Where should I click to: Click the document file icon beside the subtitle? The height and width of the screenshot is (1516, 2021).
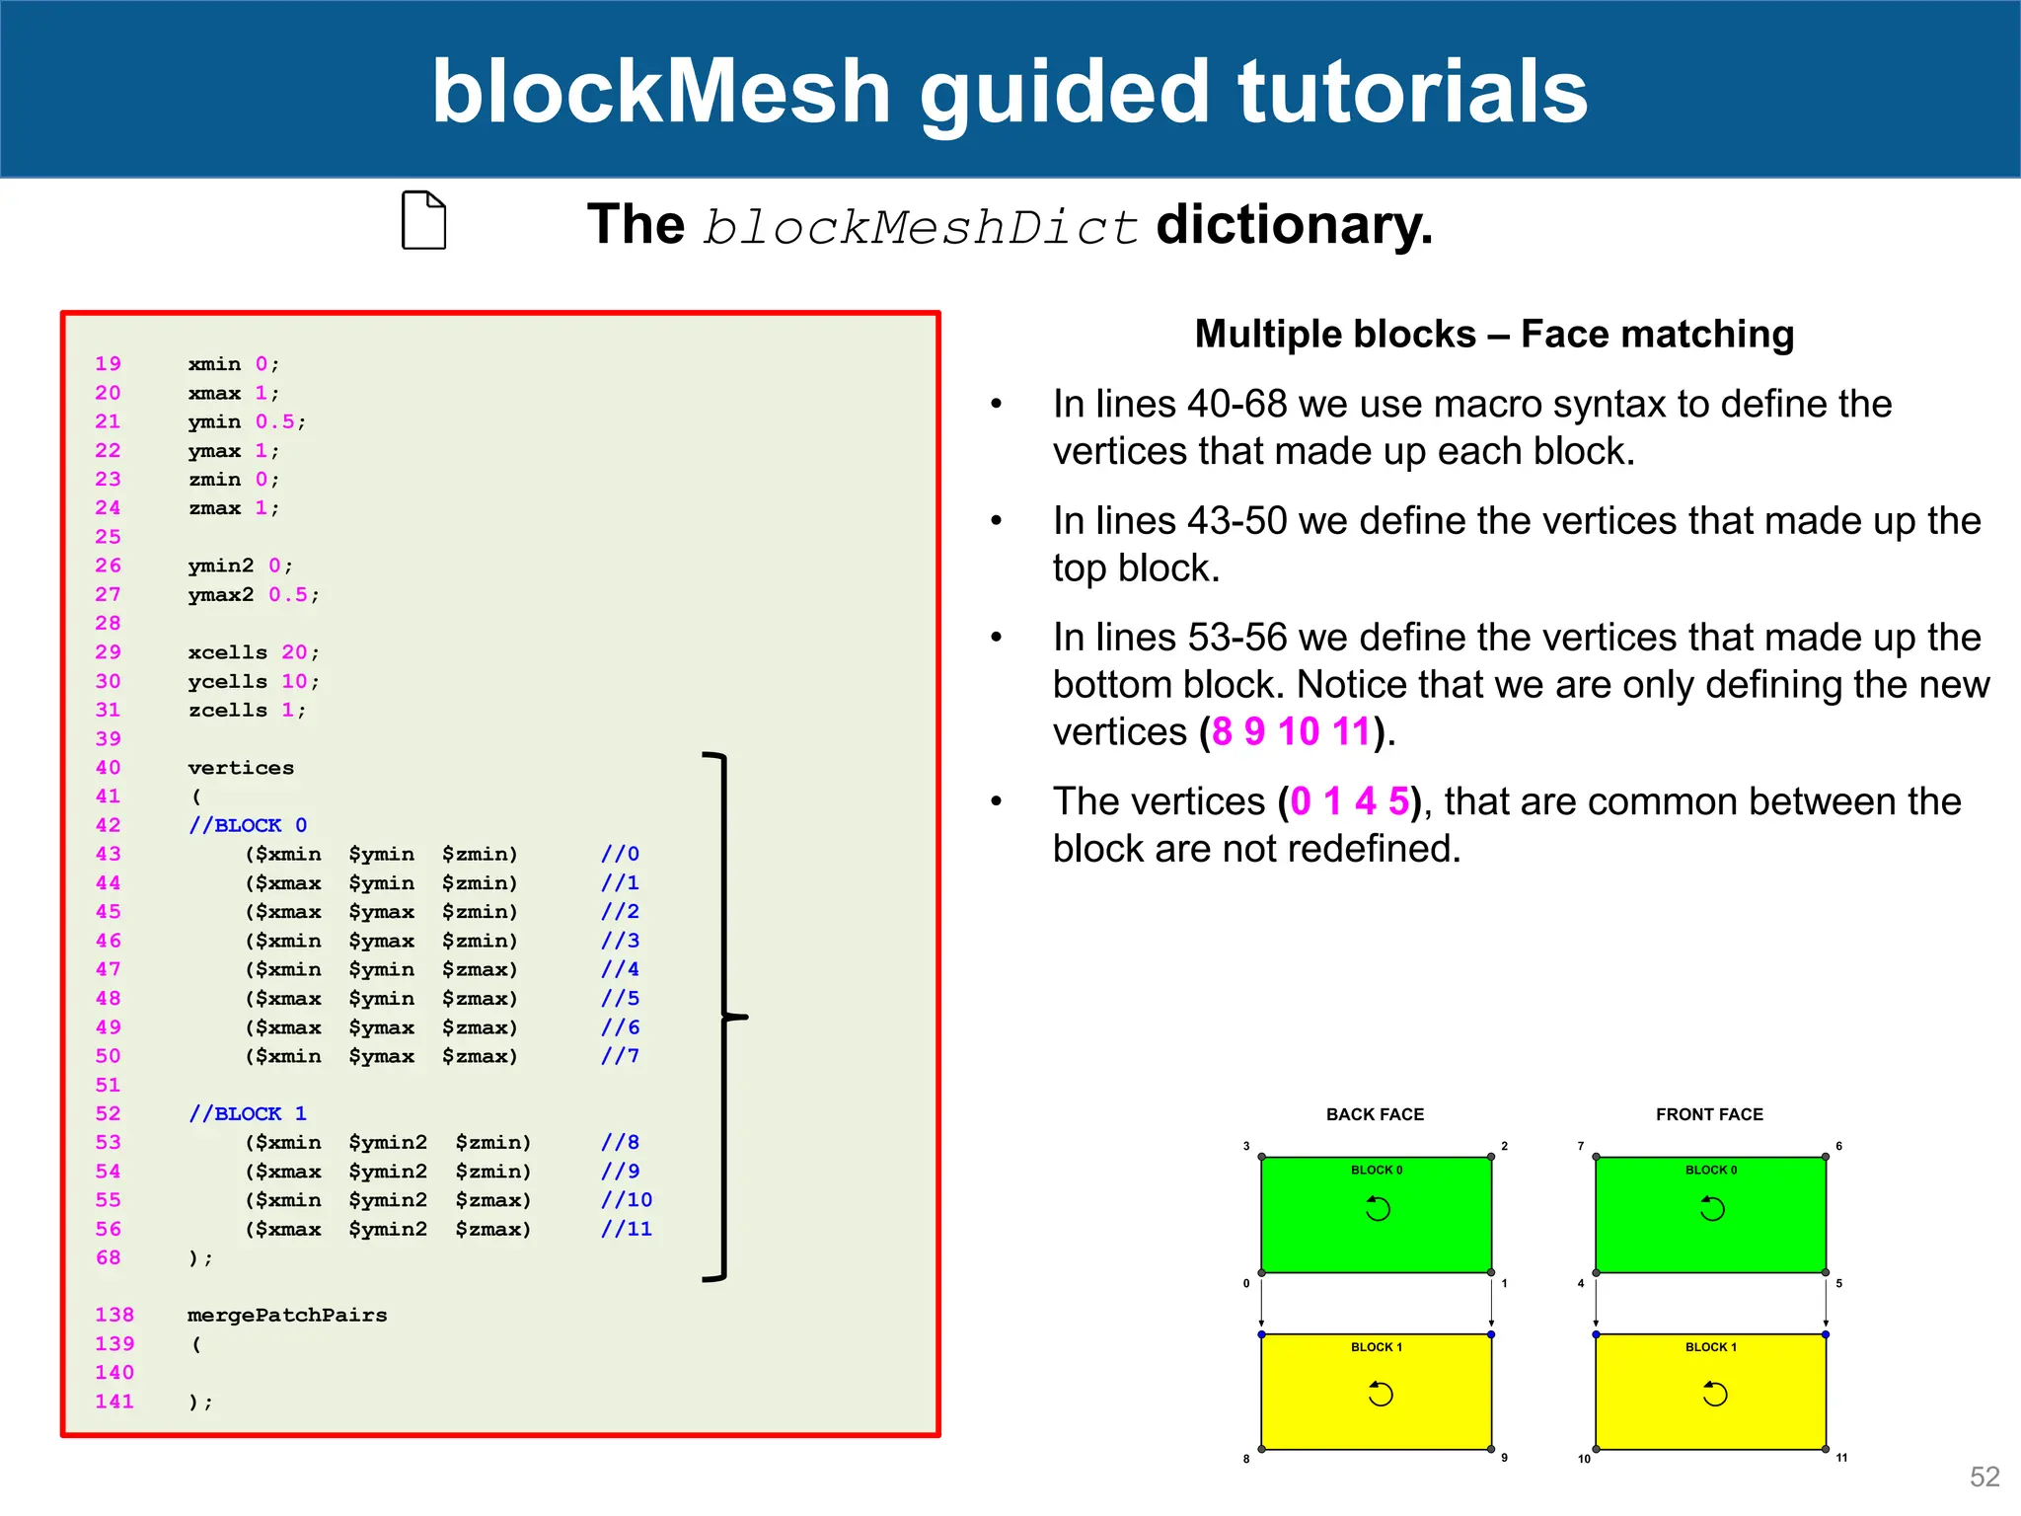(x=424, y=220)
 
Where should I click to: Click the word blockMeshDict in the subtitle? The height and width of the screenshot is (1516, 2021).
(x=921, y=227)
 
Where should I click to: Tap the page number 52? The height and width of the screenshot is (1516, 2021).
(x=1984, y=1477)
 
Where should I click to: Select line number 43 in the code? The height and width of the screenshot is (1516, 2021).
(x=108, y=854)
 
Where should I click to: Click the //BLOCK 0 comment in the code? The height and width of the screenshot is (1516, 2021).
(x=248, y=825)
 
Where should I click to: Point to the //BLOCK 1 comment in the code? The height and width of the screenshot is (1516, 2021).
(x=248, y=1113)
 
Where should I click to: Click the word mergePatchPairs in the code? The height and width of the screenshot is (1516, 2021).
(x=287, y=1315)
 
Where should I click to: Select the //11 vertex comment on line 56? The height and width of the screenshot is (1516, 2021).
(x=627, y=1229)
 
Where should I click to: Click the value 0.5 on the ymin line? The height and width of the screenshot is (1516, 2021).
(x=274, y=421)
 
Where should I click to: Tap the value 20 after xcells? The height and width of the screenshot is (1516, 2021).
(x=294, y=652)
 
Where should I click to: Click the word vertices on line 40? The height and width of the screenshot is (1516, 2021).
(x=241, y=768)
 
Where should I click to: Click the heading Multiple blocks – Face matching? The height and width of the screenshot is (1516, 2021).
(x=1494, y=334)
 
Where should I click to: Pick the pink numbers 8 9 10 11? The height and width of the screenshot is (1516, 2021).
(x=1291, y=731)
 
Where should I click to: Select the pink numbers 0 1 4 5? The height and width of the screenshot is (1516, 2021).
(x=1349, y=801)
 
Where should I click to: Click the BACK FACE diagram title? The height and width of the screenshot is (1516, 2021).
(x=1375, y=1114)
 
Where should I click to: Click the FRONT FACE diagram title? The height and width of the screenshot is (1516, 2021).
(x=1709, y=1114)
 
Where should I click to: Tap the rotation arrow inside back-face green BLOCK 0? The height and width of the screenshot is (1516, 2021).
(x=1378, y=1208)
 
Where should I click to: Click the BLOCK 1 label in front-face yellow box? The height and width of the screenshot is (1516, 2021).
(x=1710, y=1347)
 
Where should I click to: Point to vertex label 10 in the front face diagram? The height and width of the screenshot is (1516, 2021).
(x=1584, y=1459)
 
